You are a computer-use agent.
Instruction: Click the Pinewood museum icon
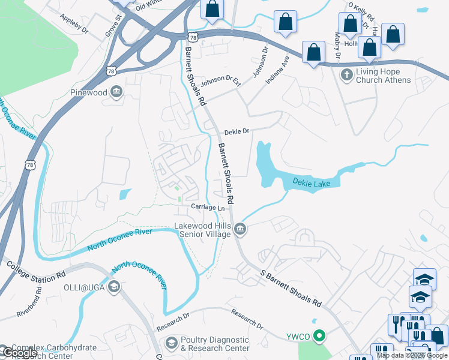[x=117, y=92]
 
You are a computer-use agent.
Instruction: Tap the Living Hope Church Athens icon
[x=346, y=75]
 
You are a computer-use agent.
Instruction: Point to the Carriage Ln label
[x=208, y=207]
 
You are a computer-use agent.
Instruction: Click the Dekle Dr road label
[x=237, y=132]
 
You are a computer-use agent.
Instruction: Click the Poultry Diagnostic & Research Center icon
[x=171, y=343]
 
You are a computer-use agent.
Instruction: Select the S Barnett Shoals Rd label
[x=291, y=288]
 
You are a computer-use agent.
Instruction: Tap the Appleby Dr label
[x=74, y=23]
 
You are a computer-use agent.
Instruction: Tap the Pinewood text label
[x=88, y=93]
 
